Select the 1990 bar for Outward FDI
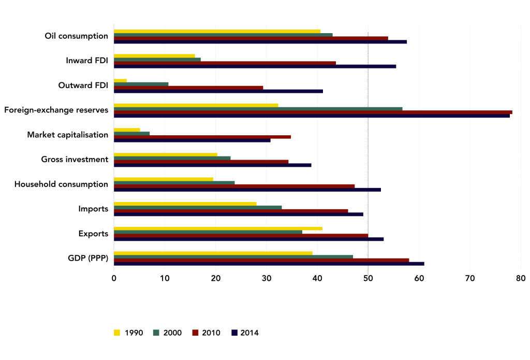[x=120, y=80]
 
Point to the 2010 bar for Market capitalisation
[x=202, y=137]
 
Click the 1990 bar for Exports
[x=218, y=228]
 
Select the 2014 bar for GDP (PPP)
[x=269, y=264]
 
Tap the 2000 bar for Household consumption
[x=174, y=182]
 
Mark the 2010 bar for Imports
[x=231, y=211]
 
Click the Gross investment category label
[x=75, y=160]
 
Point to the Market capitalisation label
[x=67, y=135]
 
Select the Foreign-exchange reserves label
[x=56, y=110]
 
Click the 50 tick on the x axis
[x=368, y=278]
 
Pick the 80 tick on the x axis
[x=521, y=278]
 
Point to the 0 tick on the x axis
[x=114, y=278]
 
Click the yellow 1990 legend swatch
[x=117, y=333]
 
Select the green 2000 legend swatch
[x=156, y=333]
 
